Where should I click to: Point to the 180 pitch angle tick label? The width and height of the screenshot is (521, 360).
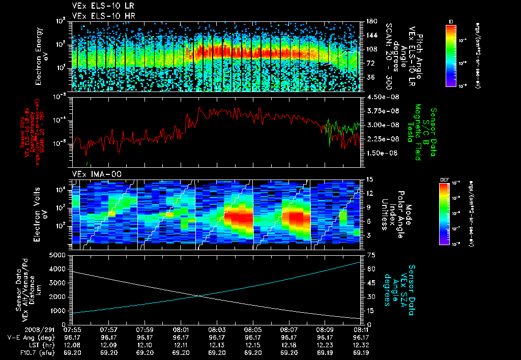(370, 21)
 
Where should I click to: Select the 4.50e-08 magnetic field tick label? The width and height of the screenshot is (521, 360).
(381, 97)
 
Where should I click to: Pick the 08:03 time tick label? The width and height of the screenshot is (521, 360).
(217, 329)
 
